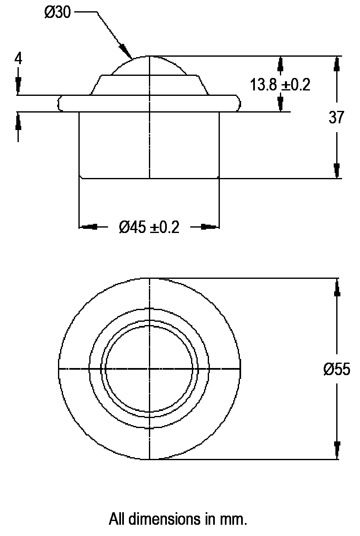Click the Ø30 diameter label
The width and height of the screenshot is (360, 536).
point(58,12)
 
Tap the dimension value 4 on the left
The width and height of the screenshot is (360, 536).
point(18,58)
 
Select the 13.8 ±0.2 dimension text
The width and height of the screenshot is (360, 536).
point(280,85)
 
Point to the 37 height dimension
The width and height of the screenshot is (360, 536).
point(336,117)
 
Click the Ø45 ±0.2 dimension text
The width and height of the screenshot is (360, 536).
point(149,227)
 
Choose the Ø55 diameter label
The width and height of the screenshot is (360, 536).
point(337,369)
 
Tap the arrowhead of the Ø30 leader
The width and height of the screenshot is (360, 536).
point(127,51)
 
